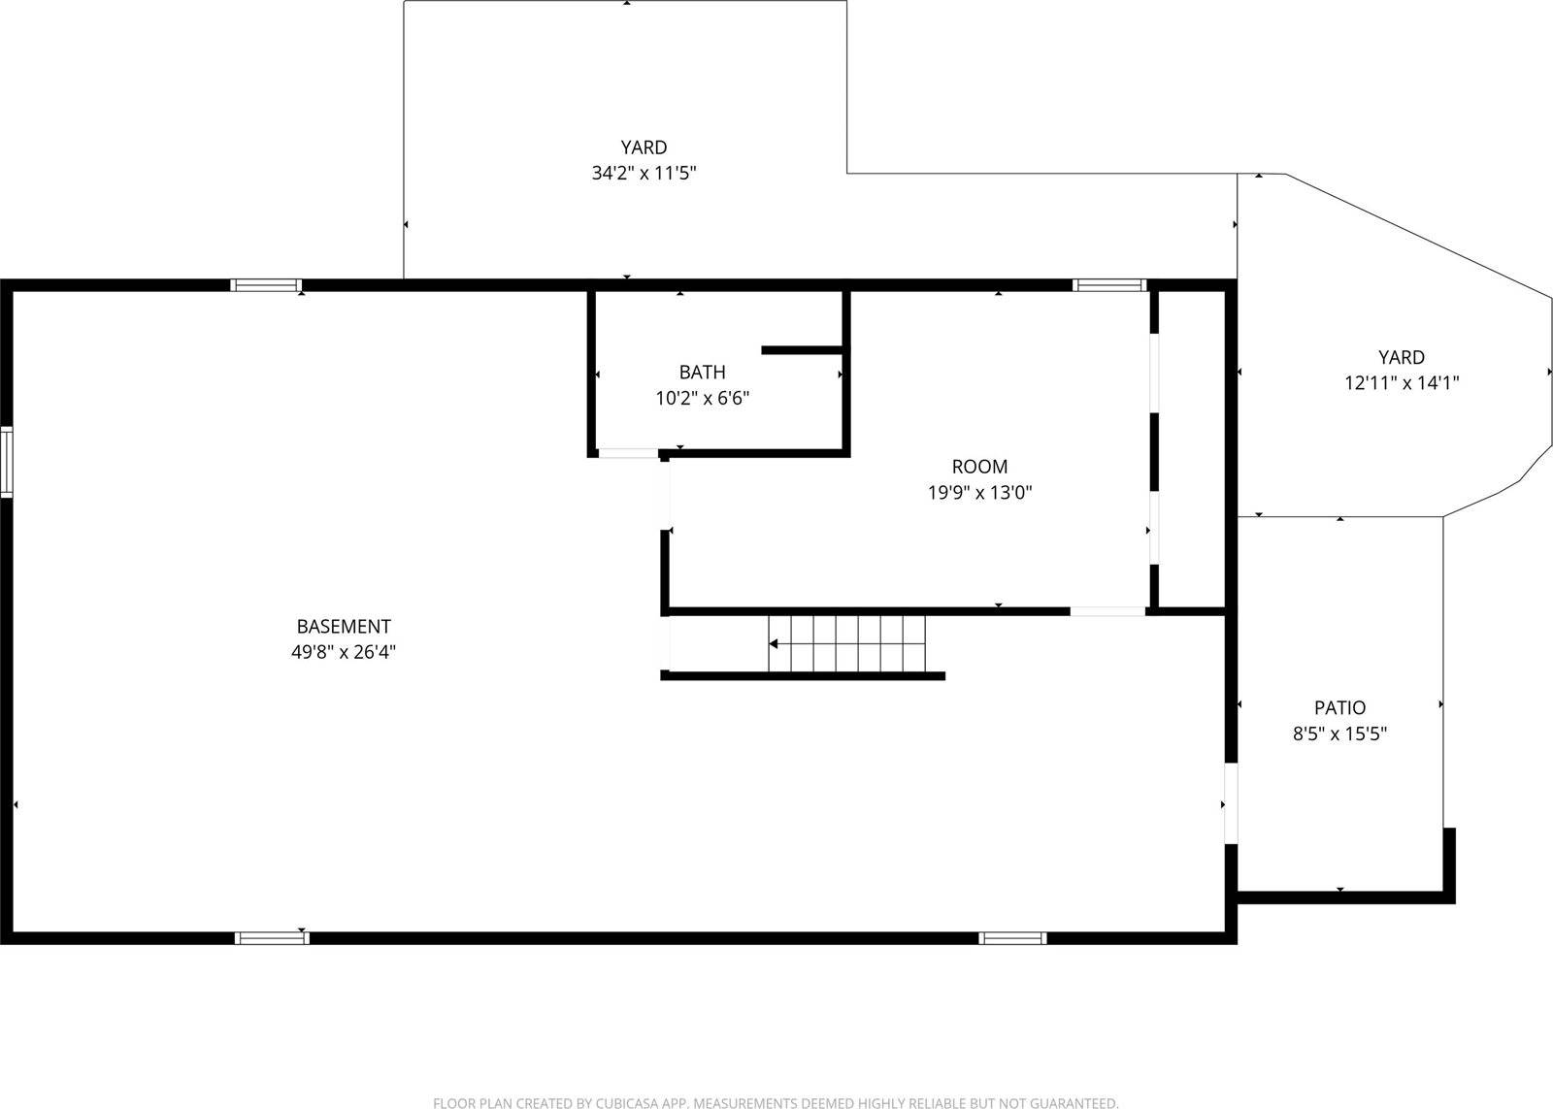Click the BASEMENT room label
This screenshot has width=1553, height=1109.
(x=344, y=627)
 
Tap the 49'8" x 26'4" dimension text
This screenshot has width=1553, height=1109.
(x=344, y=653)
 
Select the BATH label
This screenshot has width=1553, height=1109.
(x=702, y=372)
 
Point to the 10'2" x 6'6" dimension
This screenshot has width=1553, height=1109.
(x=702, y=398)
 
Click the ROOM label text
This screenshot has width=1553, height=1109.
(x=979, y=467)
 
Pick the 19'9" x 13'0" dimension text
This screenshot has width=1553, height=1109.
(x=979, y=493)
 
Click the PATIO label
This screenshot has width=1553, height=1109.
(x=1339, y=708)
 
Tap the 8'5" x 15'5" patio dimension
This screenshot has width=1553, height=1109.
(x=1339, y=734)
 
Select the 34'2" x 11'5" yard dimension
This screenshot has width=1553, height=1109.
(x=644, y=174)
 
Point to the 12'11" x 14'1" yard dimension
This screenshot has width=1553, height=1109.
(x=1402, y=383)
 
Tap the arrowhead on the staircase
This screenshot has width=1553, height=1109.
(x=774, y=643)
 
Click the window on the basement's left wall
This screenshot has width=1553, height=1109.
(x=6, y=462)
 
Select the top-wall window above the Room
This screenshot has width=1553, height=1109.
(x=1109, y=285)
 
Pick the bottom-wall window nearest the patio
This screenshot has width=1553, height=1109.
(x=1012, y=938)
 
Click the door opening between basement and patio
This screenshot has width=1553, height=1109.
(x=1231, y=803)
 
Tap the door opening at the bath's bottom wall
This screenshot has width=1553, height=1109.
(x=628, y=453)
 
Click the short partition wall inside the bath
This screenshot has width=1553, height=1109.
(x=802, y=350)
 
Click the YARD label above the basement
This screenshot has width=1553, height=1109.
(x=644, y=147)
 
